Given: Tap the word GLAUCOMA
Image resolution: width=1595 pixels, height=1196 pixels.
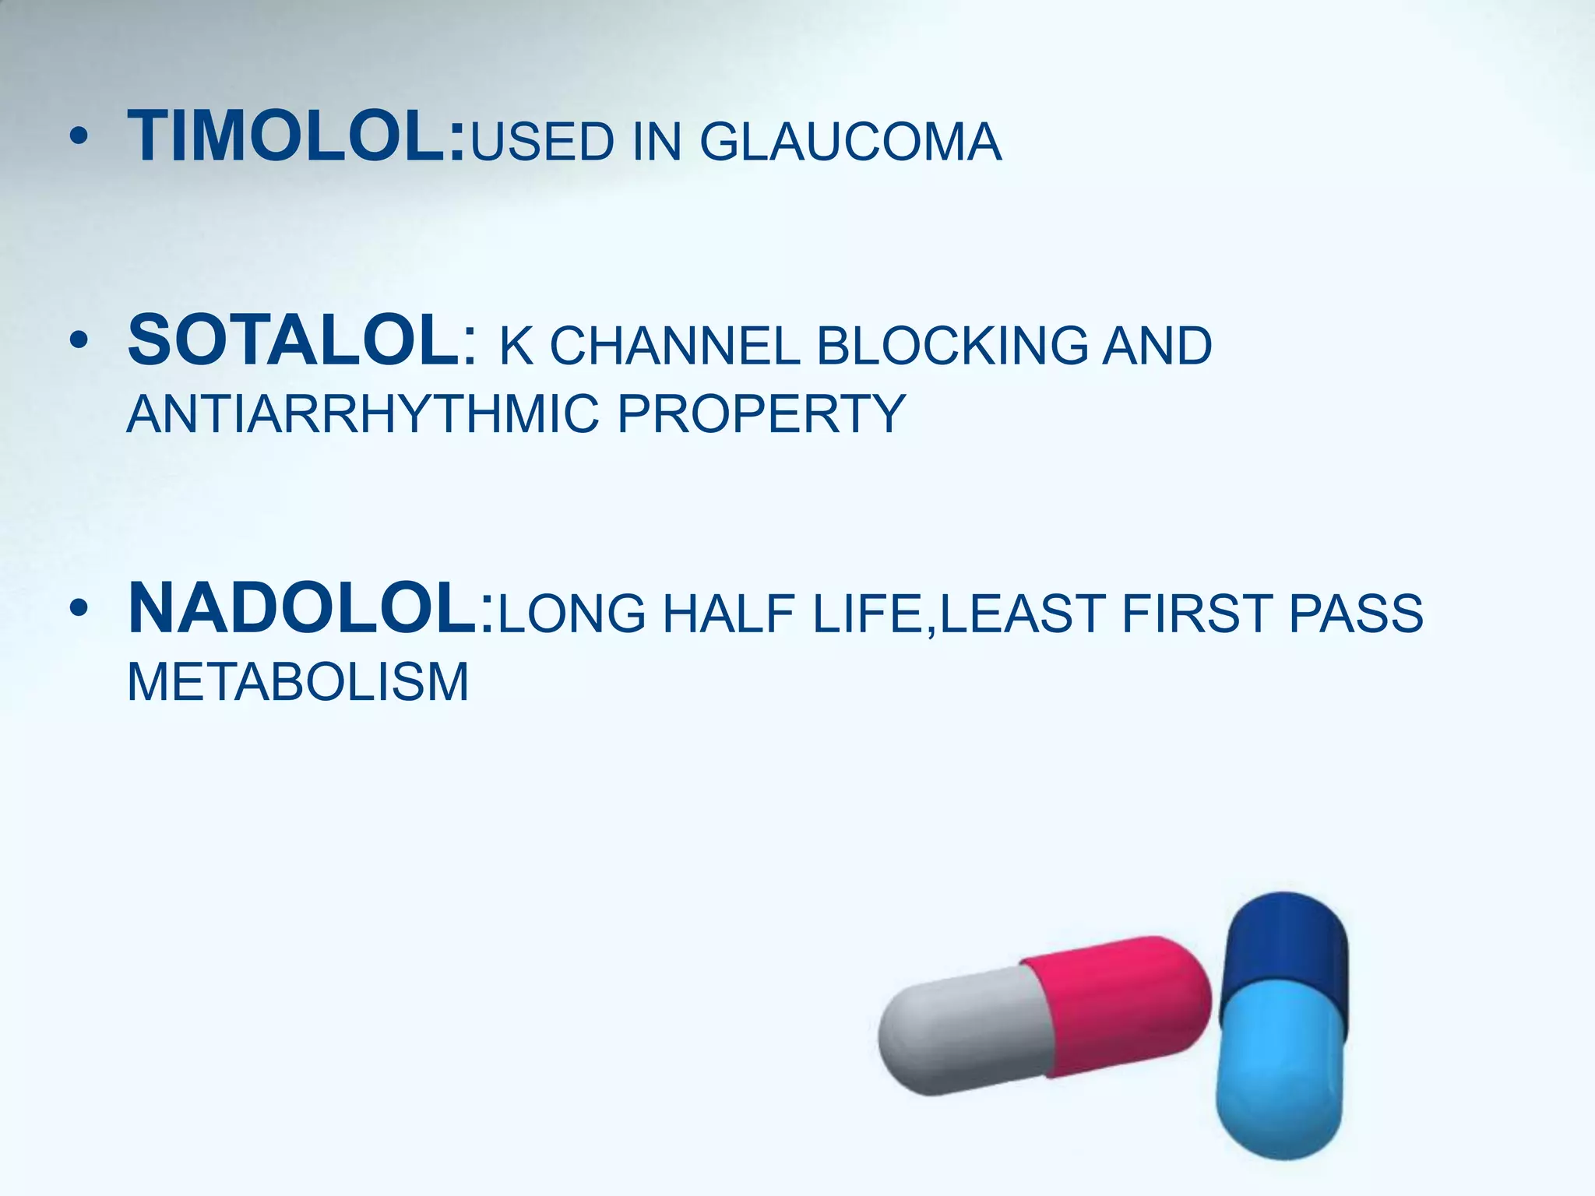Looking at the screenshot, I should (x=850, y=142).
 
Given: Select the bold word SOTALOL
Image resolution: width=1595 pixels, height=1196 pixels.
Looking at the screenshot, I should (x=294, y=340).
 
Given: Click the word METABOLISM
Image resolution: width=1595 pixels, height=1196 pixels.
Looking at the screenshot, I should (x=298, y=682).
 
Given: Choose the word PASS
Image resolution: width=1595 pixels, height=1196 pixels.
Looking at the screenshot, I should (x=1356, y=614).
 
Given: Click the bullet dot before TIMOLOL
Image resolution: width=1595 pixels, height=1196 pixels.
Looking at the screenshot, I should (x=78, y=138).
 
